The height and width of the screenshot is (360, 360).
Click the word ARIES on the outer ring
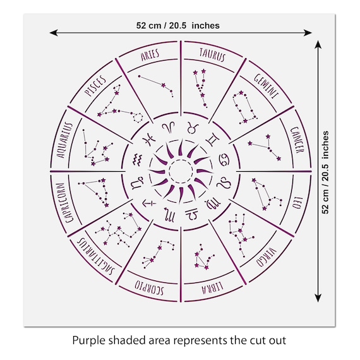[x=150, y=55]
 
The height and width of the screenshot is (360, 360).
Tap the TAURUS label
[x=213, y=55]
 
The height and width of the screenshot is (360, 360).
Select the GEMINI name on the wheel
[x=267, y=86]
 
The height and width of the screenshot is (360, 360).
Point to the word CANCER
[x=297, y=140]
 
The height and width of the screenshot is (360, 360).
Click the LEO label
[x=297, y=203]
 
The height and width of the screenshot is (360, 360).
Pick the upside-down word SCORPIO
[x=150, y=287]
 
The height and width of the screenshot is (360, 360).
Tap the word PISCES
[x=95, y=85]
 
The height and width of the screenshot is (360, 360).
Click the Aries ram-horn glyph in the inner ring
[x=169, y=127]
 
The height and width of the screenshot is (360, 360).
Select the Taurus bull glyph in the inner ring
[x=193, y=128]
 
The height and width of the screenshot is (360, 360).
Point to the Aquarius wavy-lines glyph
[x=138, y=159]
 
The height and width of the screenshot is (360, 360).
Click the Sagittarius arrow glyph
[x=149, y=203]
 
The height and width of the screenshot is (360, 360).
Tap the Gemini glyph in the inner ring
[x=213, y=139]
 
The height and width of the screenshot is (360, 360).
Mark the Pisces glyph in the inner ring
[x=149, y=139]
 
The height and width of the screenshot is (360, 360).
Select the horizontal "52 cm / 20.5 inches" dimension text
[x=178, y=25]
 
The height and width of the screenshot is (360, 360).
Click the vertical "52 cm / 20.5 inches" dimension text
[x=325, y=172]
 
